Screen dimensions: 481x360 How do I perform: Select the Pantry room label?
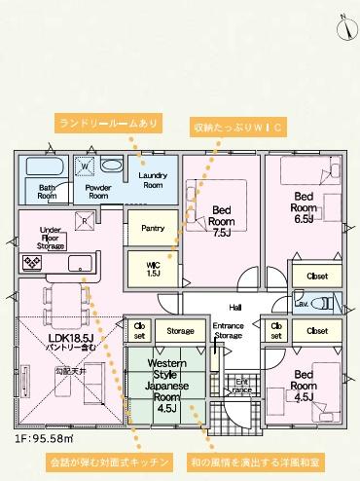[153, 228]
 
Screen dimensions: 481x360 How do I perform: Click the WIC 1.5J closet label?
[153, 270]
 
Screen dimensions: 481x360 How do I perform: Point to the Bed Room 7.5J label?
[222, 221]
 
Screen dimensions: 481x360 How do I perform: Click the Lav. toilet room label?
[302, 303]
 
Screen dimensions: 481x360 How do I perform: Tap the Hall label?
[235, 307]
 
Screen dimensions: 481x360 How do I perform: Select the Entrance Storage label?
[228, 331]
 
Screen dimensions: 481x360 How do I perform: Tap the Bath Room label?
[47, 191]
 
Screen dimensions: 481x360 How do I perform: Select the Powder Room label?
[97, 191]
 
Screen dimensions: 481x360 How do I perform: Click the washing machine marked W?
[85, 166]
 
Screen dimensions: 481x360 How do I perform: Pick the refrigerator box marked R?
[85, 221]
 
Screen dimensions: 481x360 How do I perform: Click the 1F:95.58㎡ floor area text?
[47, 438]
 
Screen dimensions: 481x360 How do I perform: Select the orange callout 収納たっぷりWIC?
[237, 126]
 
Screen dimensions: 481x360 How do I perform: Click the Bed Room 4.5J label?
[304, 385]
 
